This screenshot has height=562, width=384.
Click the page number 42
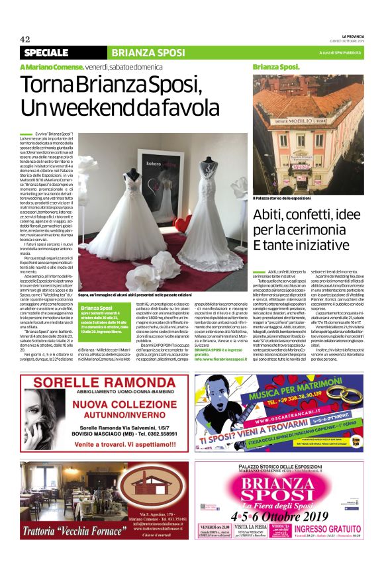[25, 39]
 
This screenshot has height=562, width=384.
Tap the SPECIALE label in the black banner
[46, 52]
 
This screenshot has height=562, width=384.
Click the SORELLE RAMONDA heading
[95, 385]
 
